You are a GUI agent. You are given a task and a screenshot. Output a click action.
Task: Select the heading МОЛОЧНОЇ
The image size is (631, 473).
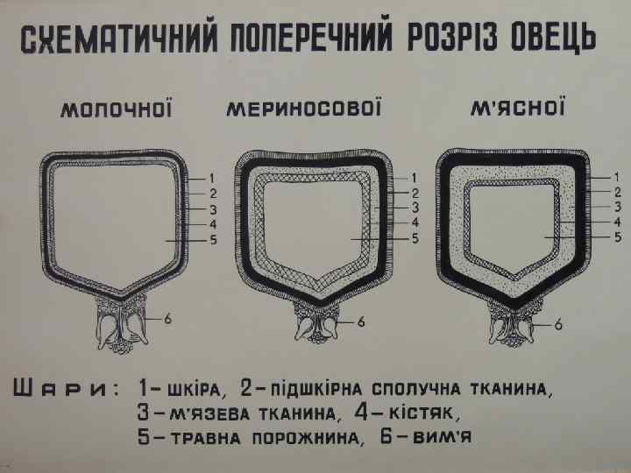[115, 111]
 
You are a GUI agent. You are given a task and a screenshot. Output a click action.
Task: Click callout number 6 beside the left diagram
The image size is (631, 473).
[167, 319]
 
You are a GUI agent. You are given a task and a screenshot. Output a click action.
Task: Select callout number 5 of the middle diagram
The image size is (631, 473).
[415, 237]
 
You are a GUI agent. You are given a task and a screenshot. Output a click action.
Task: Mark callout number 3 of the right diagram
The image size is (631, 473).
[617, 207]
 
